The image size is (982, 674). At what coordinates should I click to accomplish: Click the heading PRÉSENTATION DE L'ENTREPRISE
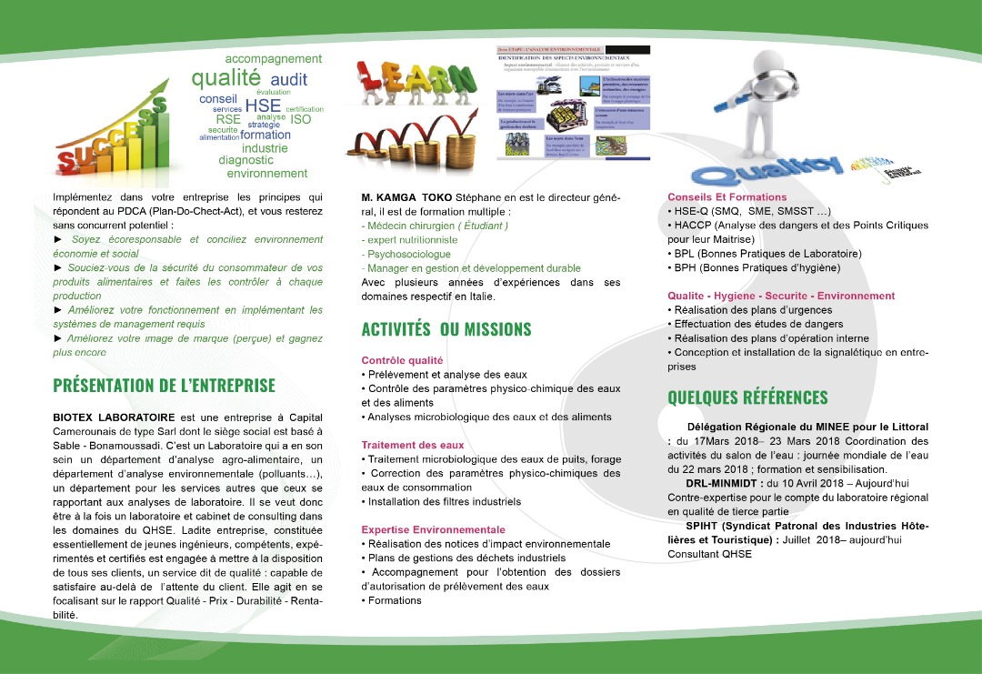(x=164, y=386)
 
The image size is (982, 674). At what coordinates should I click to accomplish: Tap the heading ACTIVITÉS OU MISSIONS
(x=446, y=329)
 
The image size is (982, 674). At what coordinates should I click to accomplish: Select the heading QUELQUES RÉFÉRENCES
(x=747, y=397)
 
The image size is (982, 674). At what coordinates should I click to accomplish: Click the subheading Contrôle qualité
(x=402, y=360)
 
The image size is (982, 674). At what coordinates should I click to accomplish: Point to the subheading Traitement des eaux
(x=413, y=445)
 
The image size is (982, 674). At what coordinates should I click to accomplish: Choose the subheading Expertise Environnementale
(x=433, y=529)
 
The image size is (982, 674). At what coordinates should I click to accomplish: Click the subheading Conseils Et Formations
(x=726, y=196)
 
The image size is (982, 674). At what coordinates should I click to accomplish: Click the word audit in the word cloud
(x=289, y=80)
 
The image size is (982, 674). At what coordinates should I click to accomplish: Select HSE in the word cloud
(x=263, y=106)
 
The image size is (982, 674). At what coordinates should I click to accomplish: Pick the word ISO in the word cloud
(x=300, y=119)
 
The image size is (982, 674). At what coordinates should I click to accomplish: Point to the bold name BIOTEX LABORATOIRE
(x=114, y=415)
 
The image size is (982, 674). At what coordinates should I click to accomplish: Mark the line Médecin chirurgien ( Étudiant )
(x=435, y=226)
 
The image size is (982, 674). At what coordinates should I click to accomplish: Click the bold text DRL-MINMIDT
(x=724, y=483)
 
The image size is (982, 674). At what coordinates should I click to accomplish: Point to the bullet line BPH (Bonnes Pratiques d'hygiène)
(x=753, y=268)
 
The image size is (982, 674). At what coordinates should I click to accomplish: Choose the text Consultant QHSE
(x=709, y=554)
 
